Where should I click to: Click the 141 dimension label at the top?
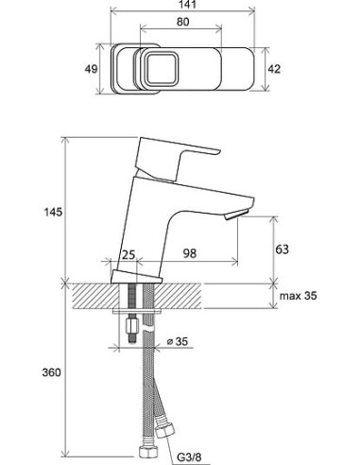click(x=182, y=5)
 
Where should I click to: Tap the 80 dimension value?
click(x=183, y=22)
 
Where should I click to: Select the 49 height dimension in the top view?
click(x=91, y=69)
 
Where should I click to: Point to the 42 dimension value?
click(x=274, y=69)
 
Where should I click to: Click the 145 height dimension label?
click(x=53, y=212)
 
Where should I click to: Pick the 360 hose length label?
click(x=52, y=372)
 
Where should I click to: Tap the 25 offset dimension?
click(x=129, y=254)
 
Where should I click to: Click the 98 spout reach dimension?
click(x=190, y=253)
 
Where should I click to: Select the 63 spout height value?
click(x=282, y=250)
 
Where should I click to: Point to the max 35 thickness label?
click(x=298, y=296)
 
